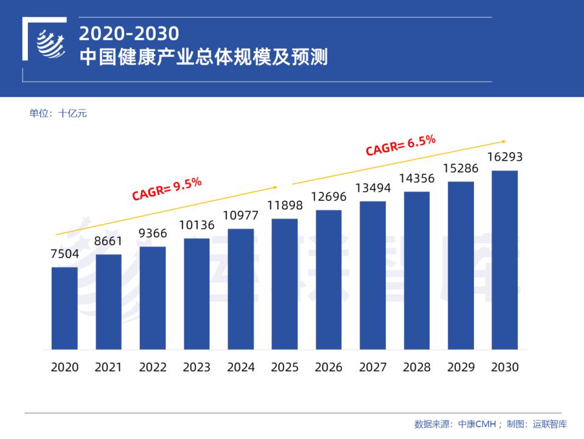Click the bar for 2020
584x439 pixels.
[x=64, y=308]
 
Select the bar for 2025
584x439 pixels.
[x=285, y=284]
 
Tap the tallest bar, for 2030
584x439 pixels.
[x=504, y=260]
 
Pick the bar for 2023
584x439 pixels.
[x=196, y=293]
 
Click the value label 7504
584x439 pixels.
[x=64, y=254]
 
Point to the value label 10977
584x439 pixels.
[x=240, y=216]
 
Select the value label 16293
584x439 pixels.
[x=504, y=157]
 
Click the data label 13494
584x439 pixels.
[x=372, y=188]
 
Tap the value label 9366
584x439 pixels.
[x=153, y=233]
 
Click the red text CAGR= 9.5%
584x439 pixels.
[x=167, y=188]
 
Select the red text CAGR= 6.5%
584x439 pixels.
[x=400, y=146]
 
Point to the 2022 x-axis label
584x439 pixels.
[x=153, y=367]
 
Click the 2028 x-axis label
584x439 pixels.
[x=417, y=367]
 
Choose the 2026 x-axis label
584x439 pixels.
[x=328, y=367]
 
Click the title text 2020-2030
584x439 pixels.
[x=129, y=33]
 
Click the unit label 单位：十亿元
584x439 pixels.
[x=58, y=113]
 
